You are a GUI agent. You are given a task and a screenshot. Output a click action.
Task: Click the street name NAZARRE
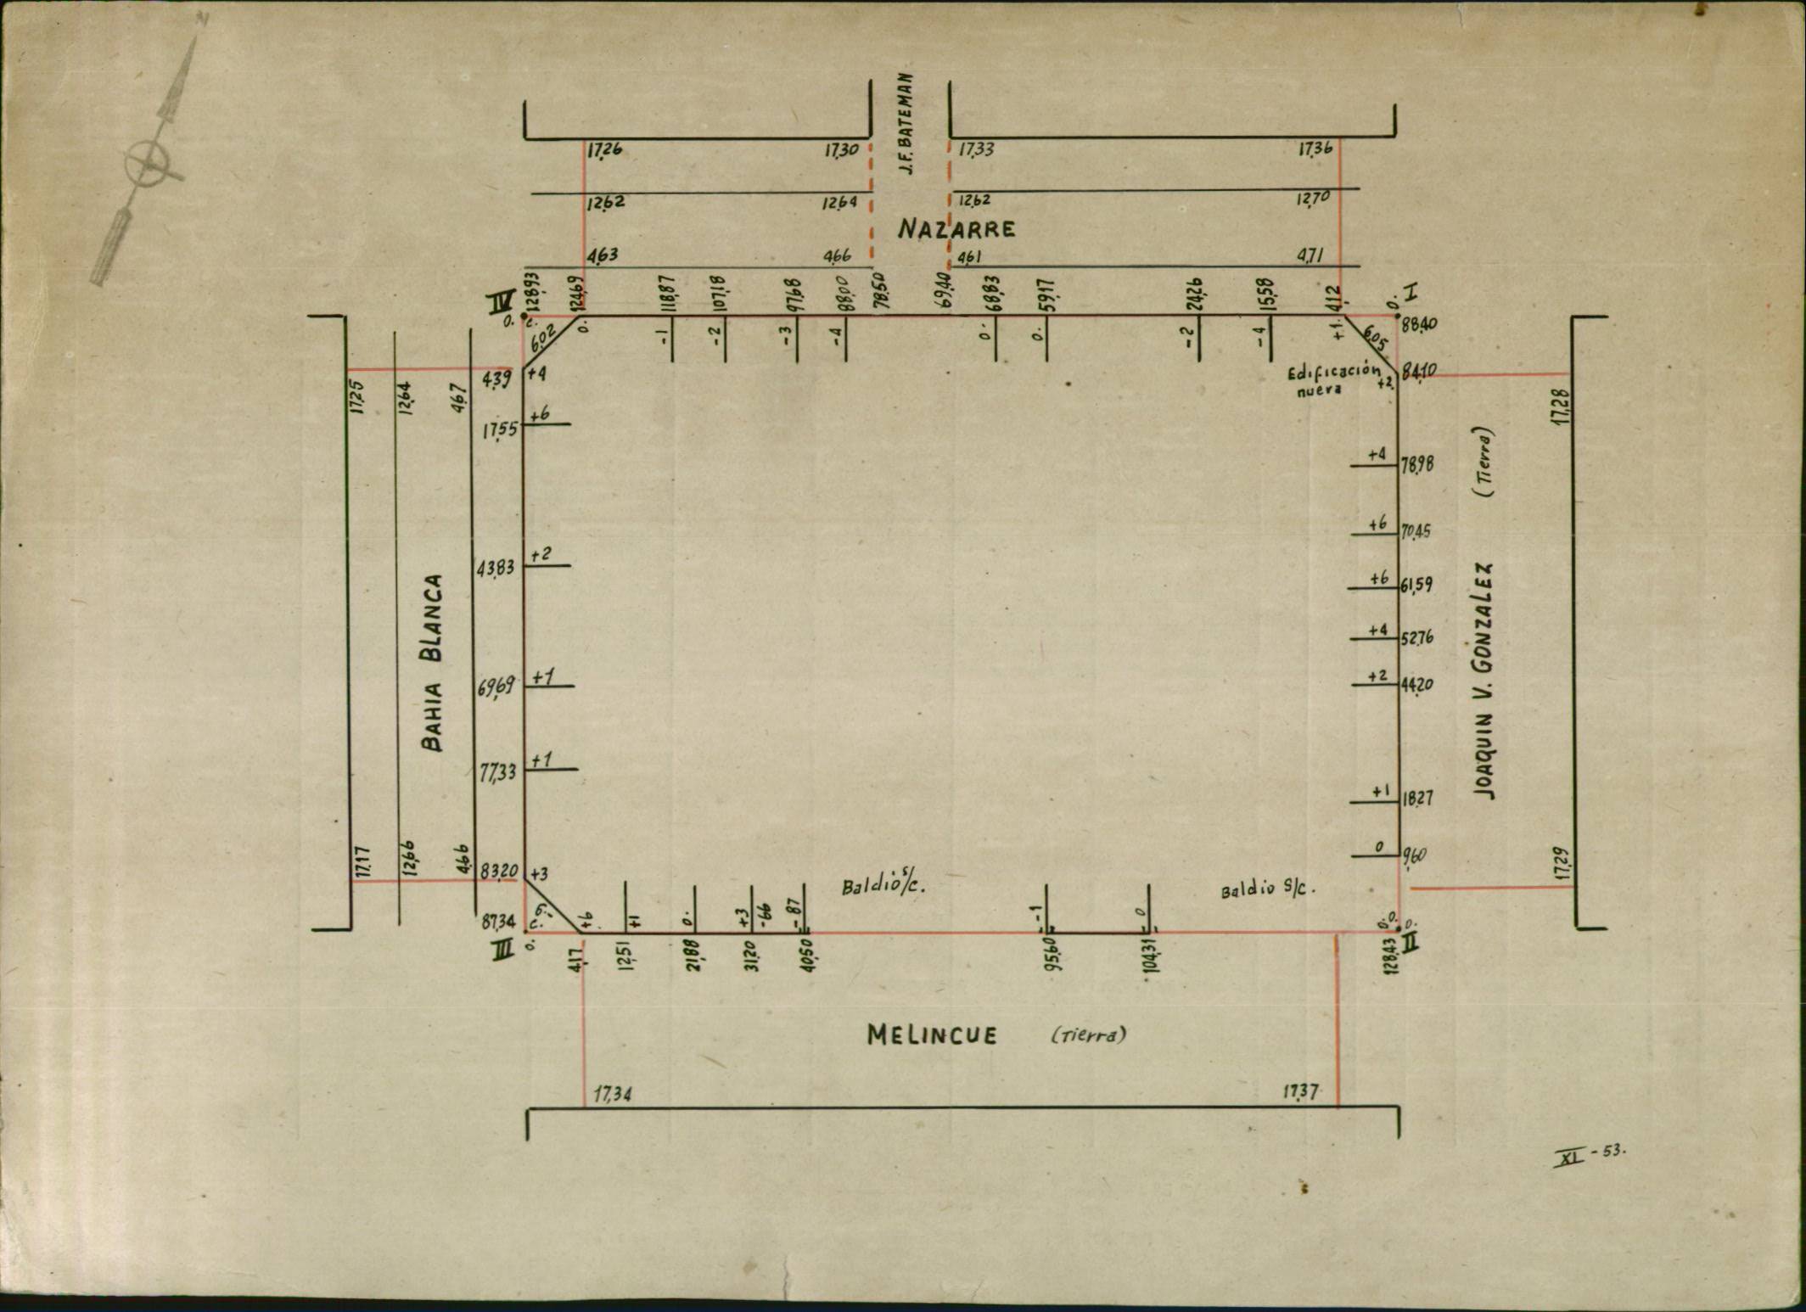coord(956,229)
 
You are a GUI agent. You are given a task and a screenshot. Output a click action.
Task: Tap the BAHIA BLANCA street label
coord(433,663)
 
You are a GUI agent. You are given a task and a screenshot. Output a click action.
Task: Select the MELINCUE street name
coord(932,1034)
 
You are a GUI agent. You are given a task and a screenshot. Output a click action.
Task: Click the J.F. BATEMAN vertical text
coord(906,124)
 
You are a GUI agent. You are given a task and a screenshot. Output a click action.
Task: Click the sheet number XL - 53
coord(1590,1155)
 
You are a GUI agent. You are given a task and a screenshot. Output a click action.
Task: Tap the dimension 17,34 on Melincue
coord(612,1095)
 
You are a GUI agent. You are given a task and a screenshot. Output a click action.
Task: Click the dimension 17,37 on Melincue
coord(1300,1091)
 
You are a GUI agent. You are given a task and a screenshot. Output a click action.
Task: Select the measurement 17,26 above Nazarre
coord(604,150)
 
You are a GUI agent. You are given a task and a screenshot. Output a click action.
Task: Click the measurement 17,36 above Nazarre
coord(1315,149)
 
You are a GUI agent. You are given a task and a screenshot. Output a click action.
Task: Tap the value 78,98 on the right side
coord(1416,465)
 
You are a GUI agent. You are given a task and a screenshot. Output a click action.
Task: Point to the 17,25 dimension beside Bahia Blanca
coord(357,396)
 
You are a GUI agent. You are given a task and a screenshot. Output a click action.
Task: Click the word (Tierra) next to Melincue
coord(1088,1035)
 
